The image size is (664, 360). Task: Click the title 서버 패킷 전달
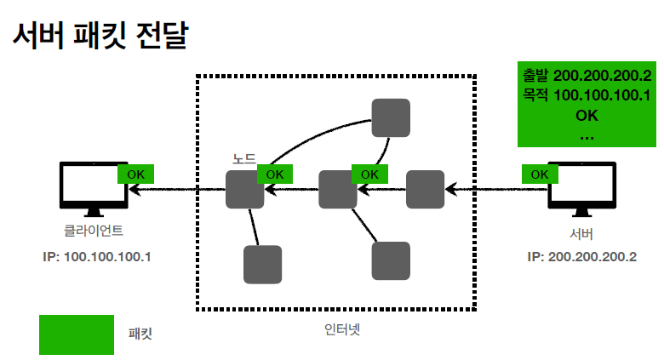click(x=100, y=36)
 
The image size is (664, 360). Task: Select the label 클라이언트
click(x=94, y=230)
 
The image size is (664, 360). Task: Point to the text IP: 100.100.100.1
click(x=95, y=256)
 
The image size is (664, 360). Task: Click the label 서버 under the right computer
click(x=581, y=232)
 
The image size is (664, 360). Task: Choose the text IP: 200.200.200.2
click(x=581, y=256)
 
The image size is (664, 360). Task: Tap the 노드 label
click(x=244, y=159)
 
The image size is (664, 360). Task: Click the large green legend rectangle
click(x=77, y=334)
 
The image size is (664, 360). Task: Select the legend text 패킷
click(x=140, y=334)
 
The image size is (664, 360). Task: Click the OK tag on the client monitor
click(x=135, y=174)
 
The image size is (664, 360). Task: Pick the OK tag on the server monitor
click(x=540, y=174)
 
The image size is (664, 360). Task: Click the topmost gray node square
click(x=391, y=117)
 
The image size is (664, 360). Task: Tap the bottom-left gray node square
click(x=262, y=264)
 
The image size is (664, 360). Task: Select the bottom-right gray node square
click(x=391, y=260)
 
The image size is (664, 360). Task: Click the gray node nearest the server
click(x=425, y=189)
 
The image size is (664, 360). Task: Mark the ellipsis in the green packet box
click(x=587, y=134)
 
